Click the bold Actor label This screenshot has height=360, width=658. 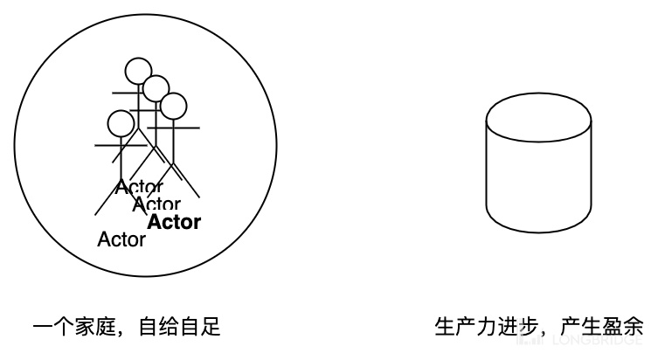174,222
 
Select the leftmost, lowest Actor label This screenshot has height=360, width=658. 121,239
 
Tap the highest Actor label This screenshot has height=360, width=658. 138,186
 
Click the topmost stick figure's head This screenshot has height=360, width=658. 137,70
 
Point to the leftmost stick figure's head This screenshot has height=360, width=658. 120,122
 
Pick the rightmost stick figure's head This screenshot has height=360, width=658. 174,106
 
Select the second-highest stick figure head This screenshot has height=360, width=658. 156,87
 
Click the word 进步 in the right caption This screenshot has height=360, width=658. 516,328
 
